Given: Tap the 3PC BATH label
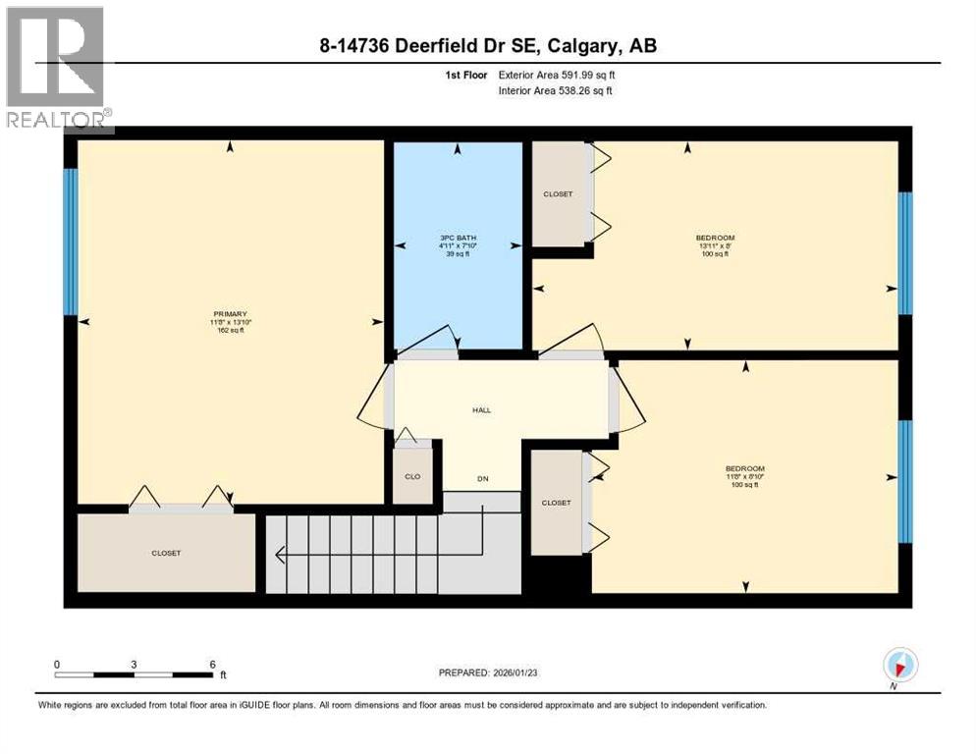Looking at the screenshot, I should pyautogui.click(x=457, y=238).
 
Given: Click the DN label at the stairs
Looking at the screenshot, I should pyautogui.click(x=482, y=479).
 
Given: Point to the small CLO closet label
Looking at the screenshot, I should pyautogui.click(x=413, y=477).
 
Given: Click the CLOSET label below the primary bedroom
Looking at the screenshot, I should pyautogui.click(x=166, y=553).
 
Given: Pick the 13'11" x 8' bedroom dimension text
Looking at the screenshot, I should pyautogui.click(x=715, y=246).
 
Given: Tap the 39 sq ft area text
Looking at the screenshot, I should pyautogui.click(x=457, y=254).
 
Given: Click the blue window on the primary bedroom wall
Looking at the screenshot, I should pyautogui.click(x=70, y=242).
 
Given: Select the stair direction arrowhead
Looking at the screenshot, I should pyautogui.click(x=280, y=556).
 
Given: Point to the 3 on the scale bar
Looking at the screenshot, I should pyautogui.click(x=134, y=664).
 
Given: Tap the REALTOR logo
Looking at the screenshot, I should pyautogui.click(x=57, y=69).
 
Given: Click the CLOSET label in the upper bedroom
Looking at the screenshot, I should pyautogui.click(x=558, y=194).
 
